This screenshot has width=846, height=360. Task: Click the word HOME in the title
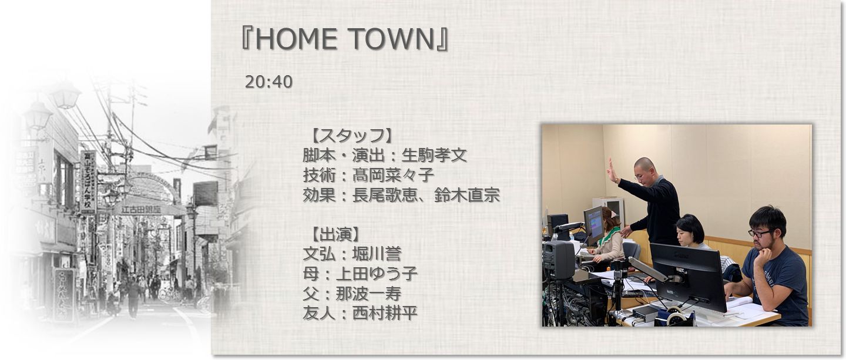(296, 39)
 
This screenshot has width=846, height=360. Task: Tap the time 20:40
(268, 82)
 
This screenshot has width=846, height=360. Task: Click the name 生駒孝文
(434, 155)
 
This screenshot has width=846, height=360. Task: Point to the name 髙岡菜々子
(393, 175)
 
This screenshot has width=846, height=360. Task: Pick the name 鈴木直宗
(467, 195)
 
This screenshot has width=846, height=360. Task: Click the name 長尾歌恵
(385, 195)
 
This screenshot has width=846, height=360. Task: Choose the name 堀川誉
(377, 254)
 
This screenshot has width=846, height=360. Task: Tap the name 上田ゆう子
(377, 274)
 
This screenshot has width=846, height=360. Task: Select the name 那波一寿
(368, 294)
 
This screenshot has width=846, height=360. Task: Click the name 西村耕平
(385, 313)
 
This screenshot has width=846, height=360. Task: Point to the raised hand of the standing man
(611, 170)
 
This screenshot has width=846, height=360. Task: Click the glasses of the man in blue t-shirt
(759, 233)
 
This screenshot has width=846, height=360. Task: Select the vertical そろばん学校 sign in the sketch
(88, 181)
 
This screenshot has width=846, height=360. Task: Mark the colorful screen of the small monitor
(594, 226)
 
